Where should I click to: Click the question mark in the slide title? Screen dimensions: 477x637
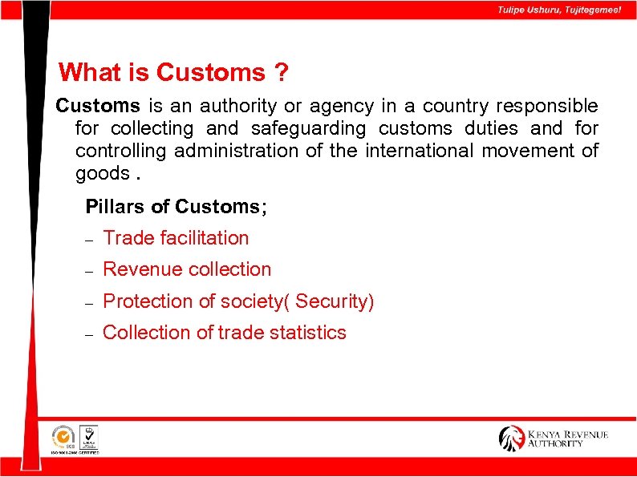[x=281, y=73]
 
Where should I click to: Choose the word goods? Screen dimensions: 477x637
[x=102, y=173]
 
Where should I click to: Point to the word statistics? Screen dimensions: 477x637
[x=304, y=333]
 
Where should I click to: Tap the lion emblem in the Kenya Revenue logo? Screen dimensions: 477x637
[x=511, y=439]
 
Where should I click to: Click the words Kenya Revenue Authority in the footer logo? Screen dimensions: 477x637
[x=567, y=439]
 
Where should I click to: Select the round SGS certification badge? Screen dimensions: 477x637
[x=62, y=437]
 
